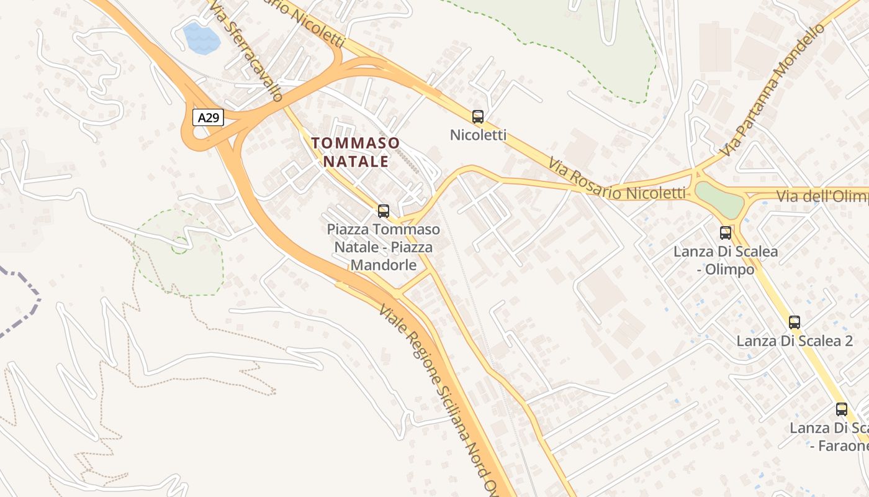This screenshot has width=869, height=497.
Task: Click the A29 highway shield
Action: [x=207, y=117]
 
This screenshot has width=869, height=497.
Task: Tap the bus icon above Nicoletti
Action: [x=477, y=116]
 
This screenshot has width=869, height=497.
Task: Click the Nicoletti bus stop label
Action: [x=478, y=134]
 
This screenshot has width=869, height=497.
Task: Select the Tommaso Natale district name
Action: [x=355, y=152]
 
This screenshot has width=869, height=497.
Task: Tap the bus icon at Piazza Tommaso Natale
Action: [x=384, y=211]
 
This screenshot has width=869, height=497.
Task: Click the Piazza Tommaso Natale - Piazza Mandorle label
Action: [x=384, y=247]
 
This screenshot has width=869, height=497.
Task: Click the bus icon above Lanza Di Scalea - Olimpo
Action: [x=725, y=233]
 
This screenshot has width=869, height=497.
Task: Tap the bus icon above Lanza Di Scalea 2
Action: [x=794, y=322]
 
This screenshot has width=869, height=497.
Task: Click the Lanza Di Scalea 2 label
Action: [x=794, y=340]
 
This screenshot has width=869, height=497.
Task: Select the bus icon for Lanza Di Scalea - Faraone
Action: [x=841, y=409]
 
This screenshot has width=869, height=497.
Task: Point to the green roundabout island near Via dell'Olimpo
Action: [x=719, y=199]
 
